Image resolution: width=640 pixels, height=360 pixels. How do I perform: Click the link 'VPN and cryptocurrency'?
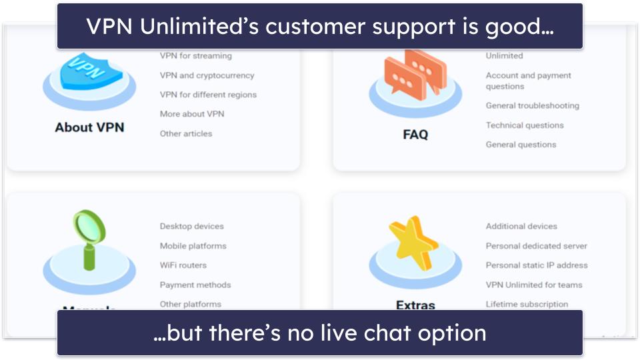(207, 75)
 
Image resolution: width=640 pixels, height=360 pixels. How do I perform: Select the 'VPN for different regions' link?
(208, 95)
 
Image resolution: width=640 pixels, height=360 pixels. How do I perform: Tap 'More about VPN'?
(192, 114)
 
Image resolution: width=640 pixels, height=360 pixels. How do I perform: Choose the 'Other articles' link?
(186, 133)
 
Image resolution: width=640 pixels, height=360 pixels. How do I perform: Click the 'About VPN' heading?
(89, 127)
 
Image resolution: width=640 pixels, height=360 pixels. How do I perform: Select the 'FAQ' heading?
(415, 134)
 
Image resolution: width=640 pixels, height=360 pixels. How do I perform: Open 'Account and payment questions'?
(528, 81)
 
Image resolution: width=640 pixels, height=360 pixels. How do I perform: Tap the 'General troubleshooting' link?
(532, 105)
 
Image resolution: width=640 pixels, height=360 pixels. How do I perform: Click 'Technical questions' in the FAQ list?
(525, 125)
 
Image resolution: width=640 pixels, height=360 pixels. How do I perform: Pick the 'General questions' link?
(521, 145)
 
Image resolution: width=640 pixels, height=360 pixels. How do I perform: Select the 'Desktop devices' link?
(192, 227)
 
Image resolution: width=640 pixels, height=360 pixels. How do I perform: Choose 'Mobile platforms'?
(193, 246)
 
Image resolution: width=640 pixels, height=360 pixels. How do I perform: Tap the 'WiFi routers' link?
(183, 265)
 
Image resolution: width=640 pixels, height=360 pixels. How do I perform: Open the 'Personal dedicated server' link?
(537, 246)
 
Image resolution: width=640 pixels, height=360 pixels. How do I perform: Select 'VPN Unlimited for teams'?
(534, 285)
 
